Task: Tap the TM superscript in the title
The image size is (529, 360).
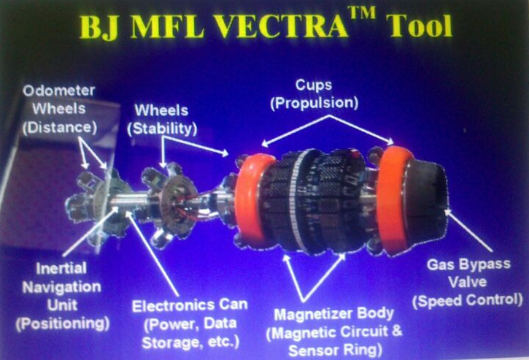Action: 362,13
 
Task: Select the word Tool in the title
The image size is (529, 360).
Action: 420,26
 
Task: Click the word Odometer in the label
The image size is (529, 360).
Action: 59,91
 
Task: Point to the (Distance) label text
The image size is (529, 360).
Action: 60,128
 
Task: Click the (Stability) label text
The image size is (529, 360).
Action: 162,129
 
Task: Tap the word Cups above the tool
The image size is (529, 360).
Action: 314,85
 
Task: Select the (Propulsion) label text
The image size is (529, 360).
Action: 314,103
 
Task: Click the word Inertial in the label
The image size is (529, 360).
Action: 61,269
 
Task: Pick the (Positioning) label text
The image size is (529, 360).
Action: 63,323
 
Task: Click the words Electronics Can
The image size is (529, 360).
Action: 190,306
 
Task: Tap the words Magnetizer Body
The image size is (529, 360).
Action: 334,314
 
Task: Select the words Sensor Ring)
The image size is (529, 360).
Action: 336,351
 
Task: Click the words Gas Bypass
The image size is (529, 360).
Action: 468,264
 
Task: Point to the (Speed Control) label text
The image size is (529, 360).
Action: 468,300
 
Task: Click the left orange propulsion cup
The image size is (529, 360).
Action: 255,199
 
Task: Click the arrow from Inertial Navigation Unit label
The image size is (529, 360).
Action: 90,232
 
